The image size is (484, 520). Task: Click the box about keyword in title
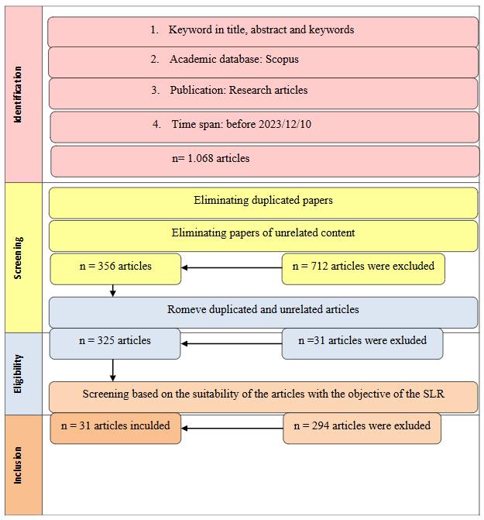[x=263, y=31]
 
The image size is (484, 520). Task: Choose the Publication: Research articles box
[x=263, y=91]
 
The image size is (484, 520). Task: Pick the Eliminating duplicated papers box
[x=263, y=201]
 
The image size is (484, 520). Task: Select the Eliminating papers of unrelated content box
[x=263, y=234]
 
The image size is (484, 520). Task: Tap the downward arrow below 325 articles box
[x=114, y=370]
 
